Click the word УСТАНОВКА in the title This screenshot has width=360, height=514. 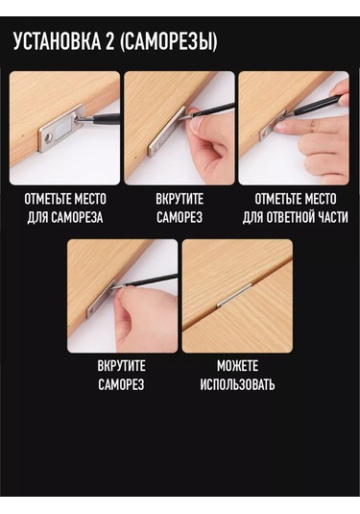tap(57, 41)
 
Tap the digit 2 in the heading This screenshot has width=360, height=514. tap(110, 41)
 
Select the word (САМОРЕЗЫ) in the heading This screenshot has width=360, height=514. tap(168, 41)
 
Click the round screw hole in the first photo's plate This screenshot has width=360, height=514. tap(49, 138)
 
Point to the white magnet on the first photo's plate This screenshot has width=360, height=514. tap(62, 132)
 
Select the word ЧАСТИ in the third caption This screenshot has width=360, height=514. tap(333, 217)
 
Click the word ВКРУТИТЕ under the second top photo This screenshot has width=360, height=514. tap(180, 199)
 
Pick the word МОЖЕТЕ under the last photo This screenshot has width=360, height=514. tap(237, 366)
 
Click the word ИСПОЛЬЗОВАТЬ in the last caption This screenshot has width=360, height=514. tap(237, 384)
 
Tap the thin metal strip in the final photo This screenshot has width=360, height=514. tap(235, 295)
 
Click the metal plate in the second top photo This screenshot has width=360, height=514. tap(168, 131)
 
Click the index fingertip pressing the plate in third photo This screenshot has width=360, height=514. tap(278, 128)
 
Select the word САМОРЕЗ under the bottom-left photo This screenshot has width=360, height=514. tap(121, 384)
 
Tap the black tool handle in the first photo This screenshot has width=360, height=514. tap(107, 118)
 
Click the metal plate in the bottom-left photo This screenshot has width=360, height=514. tap(101, 299)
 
